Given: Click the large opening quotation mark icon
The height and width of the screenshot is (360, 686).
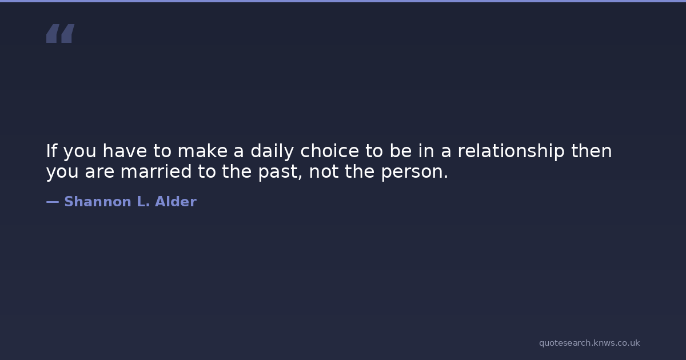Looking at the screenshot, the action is click(61, 33).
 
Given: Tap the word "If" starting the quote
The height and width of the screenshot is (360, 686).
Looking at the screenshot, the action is click(51, 151).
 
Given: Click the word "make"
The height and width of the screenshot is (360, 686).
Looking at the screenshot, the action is click(203, 151).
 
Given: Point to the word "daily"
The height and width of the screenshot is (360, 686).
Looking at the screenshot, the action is click(272, 151).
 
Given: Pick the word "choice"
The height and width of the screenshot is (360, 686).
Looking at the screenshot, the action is click(329, 151).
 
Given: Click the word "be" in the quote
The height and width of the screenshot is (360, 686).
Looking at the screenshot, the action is click(401, 151).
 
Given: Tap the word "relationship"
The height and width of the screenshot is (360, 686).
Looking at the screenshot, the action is click(511, 151).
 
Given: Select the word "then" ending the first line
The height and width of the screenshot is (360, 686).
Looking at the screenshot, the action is click(591, 151).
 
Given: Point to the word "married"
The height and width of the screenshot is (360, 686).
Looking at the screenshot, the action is click(156, 171).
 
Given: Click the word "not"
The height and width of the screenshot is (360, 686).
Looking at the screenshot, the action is click(324, 172).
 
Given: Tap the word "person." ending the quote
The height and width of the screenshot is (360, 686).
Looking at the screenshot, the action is click(414, 173).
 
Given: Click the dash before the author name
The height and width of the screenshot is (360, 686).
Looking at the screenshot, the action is click(53, 202).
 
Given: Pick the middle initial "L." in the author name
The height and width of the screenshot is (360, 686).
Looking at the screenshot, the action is click(143, 201).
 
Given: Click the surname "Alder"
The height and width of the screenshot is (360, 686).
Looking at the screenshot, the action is click(176, 201).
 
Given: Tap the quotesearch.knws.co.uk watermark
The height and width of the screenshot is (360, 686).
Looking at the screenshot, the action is click(589, 343).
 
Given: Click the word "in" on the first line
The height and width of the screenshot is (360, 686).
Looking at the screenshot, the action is click(426, 151).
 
